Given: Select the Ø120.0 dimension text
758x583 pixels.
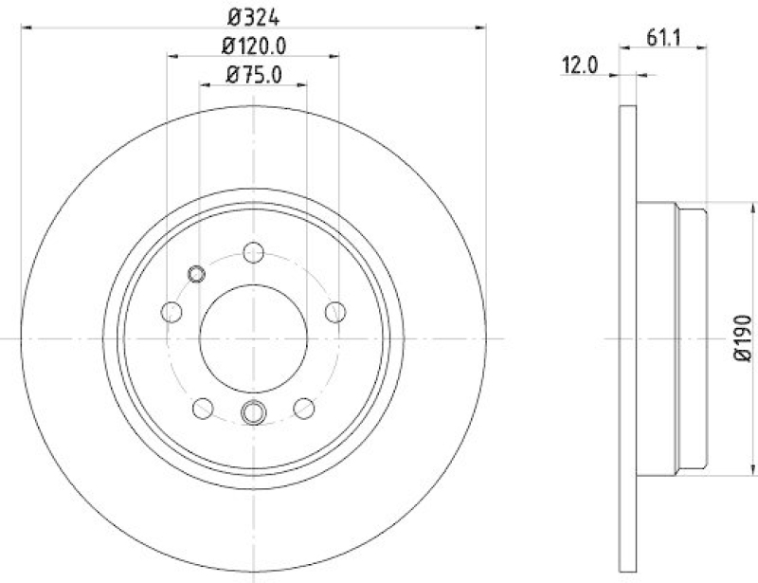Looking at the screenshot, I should coord(253,46).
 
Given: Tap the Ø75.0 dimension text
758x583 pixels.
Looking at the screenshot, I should coord(253,76).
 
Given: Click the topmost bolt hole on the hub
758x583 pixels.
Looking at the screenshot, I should coord(253,252).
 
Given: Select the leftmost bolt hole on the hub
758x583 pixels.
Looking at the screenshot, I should coord(171,311).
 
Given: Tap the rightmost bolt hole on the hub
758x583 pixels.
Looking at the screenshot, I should coord(334,311).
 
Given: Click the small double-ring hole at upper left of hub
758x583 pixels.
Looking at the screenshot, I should coord(196,275).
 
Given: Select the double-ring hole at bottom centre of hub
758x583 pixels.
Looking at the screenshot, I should coord(253,412).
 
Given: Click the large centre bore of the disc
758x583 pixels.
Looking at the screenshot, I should coord(253,338).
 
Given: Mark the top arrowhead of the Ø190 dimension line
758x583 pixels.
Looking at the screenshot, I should coord(727,205).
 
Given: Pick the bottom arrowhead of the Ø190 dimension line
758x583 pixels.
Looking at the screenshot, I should coord(727,470).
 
